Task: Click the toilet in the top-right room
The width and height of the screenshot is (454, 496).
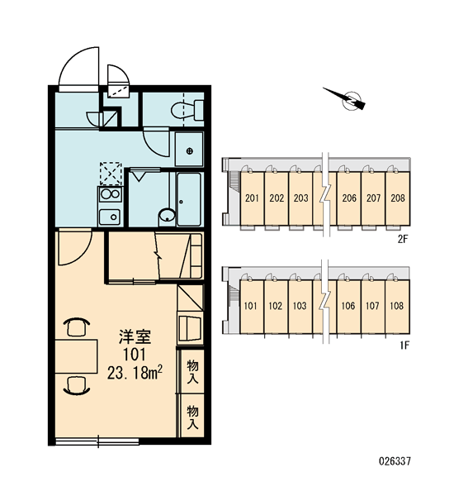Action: pos(187,110)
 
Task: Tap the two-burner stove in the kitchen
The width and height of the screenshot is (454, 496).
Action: pos(110,194)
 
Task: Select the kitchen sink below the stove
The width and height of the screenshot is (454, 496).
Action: pos(110,217)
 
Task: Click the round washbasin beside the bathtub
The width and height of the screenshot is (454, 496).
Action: pos(167,216)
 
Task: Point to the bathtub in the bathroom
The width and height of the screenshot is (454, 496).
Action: pos(189,199)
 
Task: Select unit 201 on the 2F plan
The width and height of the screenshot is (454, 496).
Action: pos(252,198)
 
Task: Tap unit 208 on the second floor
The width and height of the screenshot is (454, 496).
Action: pos(397,198)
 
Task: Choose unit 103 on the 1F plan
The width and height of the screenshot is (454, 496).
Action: pos(300,306)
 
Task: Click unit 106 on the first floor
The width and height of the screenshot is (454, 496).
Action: pos(348,306)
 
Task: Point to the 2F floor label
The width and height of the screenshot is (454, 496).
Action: pos(403,240)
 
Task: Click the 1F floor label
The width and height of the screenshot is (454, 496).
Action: pos(404,346)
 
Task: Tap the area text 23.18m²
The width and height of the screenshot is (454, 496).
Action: pos(135,373)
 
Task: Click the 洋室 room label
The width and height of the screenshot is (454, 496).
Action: pos(135,336)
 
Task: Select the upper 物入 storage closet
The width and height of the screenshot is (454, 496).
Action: pos(192,371)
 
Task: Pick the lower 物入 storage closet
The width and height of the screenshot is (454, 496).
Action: pos(192,417)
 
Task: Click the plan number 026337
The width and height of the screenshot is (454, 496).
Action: pos(395,461)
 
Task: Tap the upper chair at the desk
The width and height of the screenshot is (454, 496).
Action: pos(77,327)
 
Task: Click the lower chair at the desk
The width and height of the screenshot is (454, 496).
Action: pos(77,385)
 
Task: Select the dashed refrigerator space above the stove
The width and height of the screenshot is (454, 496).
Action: pos(111,174)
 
